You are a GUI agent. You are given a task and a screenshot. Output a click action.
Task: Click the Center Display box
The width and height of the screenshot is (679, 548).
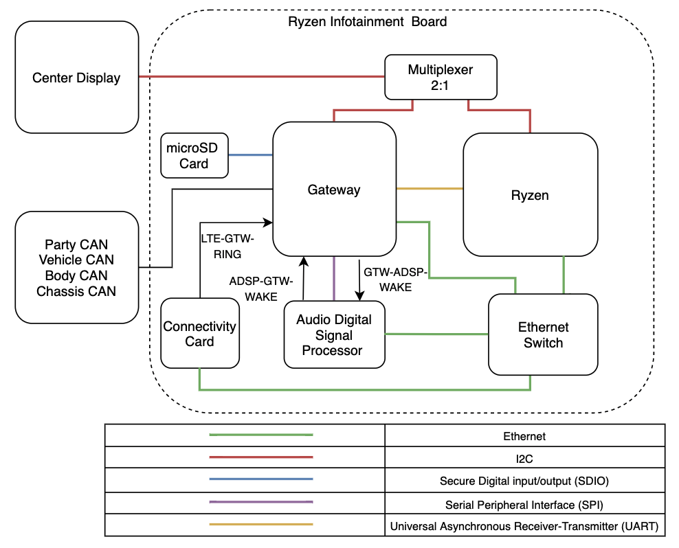tap(76, 77)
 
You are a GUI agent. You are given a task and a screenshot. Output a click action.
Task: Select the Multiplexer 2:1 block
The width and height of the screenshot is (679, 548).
tap(441, 78)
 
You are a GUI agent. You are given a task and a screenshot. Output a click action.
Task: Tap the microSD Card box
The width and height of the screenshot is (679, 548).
tap(194, 155)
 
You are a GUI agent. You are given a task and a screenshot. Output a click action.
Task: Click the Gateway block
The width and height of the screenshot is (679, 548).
tap(334, 190)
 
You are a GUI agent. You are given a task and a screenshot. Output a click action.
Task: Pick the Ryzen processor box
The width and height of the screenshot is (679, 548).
tap(530, 195)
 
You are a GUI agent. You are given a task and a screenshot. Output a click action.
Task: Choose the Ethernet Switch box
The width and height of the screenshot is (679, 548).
tap(543, 334)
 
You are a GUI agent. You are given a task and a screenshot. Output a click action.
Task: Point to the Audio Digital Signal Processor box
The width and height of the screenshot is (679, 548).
tap(334, 334)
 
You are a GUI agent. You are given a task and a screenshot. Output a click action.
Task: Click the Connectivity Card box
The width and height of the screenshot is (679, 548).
tap(199, 334)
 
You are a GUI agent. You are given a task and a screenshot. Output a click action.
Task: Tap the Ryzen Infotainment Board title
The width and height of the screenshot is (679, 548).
tap(367, 22)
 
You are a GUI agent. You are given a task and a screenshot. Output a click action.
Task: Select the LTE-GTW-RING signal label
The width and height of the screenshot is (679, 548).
tap(227, 246)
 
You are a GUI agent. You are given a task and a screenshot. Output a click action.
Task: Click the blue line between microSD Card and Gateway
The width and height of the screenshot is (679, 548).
tap(250, 155)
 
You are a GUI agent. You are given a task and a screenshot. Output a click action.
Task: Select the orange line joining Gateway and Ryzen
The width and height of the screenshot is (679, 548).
tap(430, 189)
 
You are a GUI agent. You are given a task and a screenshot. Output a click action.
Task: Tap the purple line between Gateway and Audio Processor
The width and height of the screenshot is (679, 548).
tap(334, 278)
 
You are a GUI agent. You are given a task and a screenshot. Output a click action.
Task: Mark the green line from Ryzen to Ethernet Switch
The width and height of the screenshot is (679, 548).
tap(564, 275)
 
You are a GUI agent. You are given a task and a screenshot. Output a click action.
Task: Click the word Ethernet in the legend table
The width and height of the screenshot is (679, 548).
tap(524, 436)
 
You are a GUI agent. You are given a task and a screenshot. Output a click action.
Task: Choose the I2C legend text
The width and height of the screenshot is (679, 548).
tap(524, 458)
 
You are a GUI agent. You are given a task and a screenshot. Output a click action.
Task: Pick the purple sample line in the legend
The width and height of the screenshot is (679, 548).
tap(260, 503)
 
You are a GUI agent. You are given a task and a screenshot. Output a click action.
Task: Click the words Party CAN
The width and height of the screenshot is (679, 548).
tap(76, 244)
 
